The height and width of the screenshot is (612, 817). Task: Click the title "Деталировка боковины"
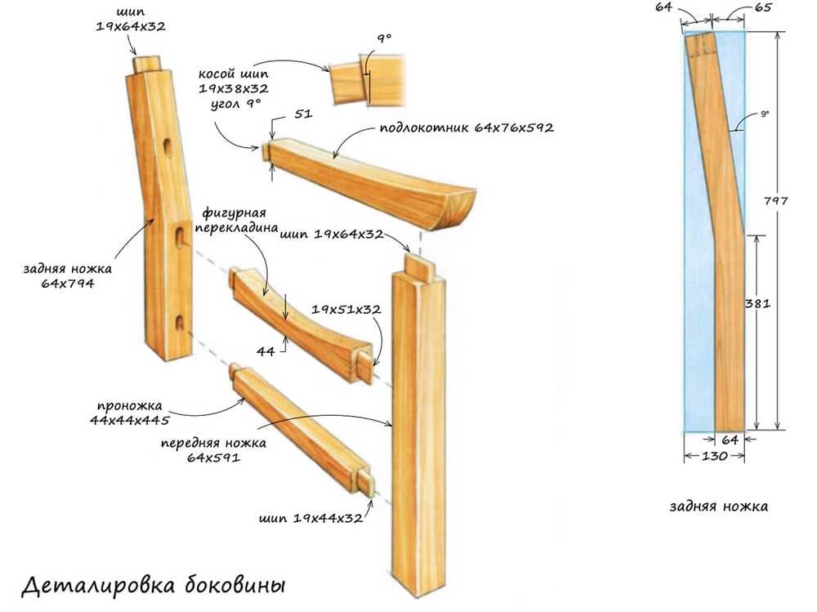tap(153, 586)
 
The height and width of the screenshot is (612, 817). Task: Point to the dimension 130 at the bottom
tap(712, 456)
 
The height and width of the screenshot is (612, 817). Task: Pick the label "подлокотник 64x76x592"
tap(467, 128)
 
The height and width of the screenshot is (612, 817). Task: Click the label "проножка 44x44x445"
tap(132, 413)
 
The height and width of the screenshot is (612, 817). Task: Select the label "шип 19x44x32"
tap(310, 518)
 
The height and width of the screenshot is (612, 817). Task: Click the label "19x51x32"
tap(346, 310)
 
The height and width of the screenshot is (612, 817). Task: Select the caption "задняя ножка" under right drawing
tap(717, 506)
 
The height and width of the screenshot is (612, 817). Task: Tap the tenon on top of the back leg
tap(148, 65)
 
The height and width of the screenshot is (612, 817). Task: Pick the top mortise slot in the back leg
tap(167, 148)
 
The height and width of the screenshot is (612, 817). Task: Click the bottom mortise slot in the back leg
tap(178, 324)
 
